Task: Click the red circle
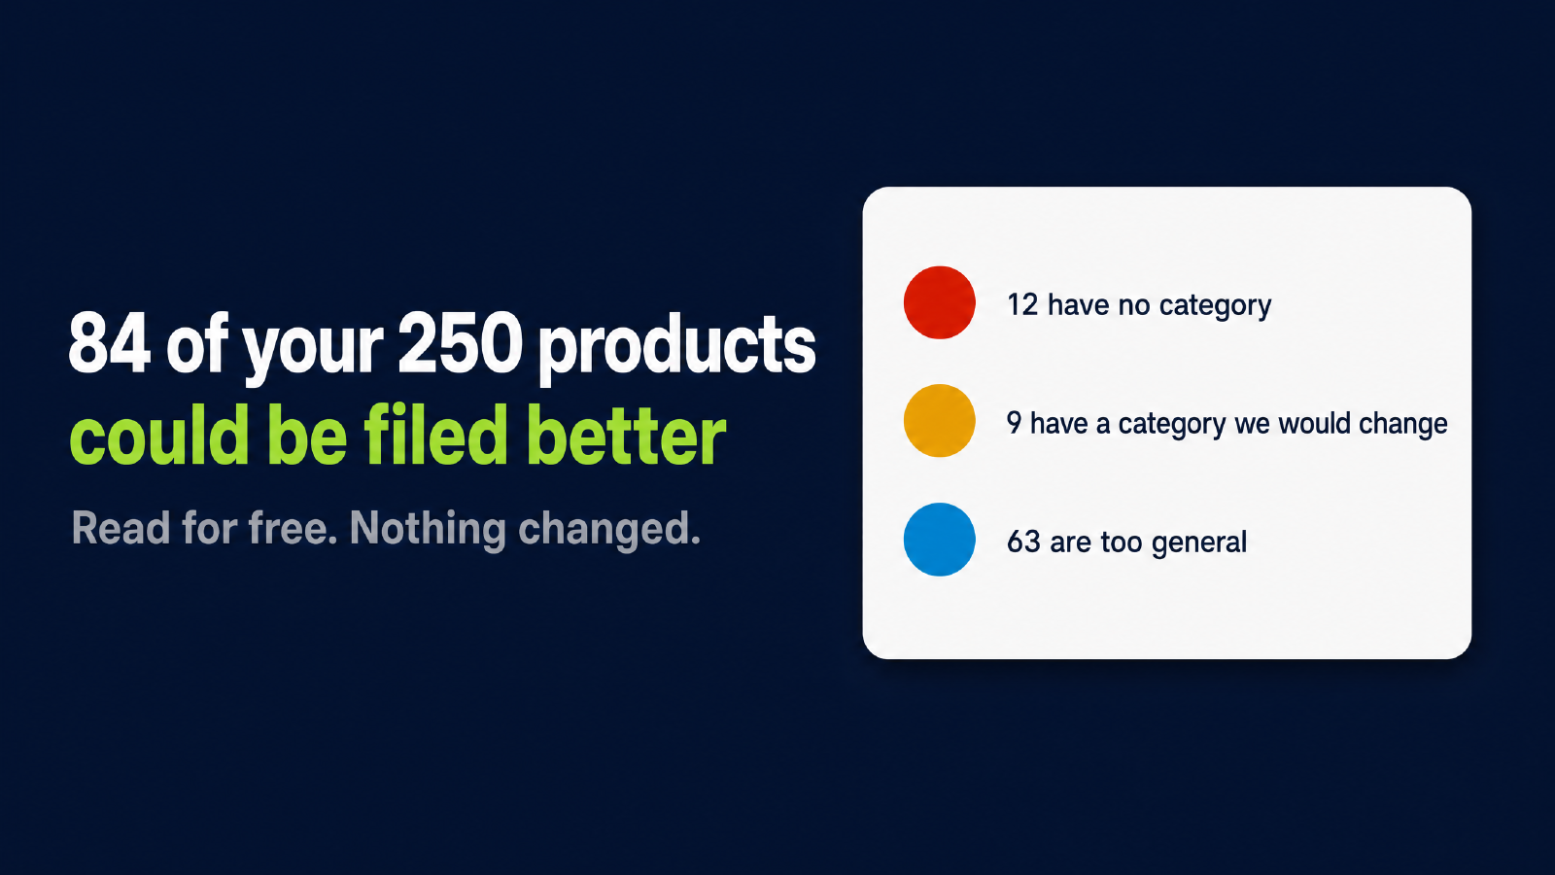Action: [x=939, y=302]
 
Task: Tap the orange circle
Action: [x=939, y=421]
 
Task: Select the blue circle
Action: [x=939, y=540]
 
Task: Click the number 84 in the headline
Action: [x=110, y=343]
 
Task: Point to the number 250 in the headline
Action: [x=461, y=343]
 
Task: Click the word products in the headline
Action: [x=677, y=347]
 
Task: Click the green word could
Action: [x=159, y=436]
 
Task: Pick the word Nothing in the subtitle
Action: [x=428, y=529]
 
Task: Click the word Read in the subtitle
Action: [x=121, y=529]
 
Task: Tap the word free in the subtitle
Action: [x=293, y=529]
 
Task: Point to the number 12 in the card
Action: [x=1021, y=305]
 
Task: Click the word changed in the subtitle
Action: [x=608, y=530]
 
